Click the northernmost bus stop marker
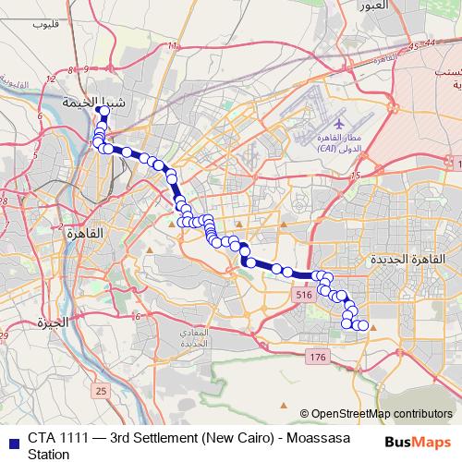pos(103,111)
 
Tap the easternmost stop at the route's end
pos(363,325)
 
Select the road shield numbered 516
pos(304,294)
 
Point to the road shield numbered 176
pos(318,357)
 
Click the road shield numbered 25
pos(102,393)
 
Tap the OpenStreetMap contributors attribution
pos(381,413)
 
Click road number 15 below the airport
pos(356,175)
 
